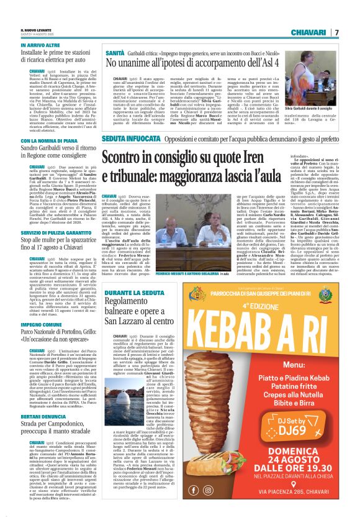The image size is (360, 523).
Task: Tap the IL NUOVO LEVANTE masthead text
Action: (x=37, y=29)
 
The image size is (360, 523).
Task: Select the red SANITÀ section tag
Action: (x=115, y=53)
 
